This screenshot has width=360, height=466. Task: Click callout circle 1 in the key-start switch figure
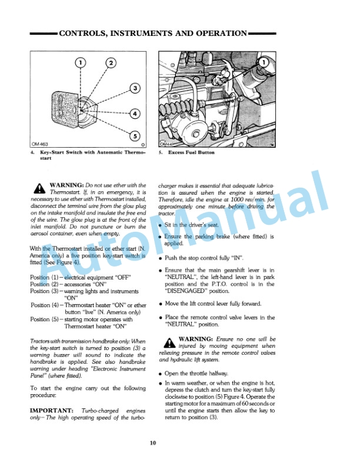81,64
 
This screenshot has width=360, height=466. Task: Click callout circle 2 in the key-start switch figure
110,64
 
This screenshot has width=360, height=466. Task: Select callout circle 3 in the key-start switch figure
134,88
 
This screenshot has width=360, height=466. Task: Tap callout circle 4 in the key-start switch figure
134,113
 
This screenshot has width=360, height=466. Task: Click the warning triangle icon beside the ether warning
39,189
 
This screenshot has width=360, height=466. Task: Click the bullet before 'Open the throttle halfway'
161,374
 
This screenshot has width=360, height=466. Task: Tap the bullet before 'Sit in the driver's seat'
161,225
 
